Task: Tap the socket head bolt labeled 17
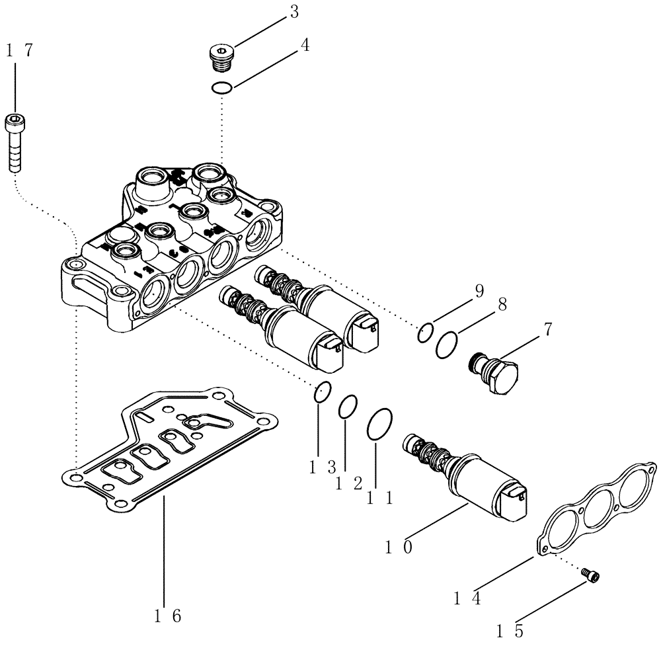[15, 142]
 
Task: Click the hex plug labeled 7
[495, 372]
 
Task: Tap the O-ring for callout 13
[322, 391]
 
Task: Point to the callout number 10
[400, 548]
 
